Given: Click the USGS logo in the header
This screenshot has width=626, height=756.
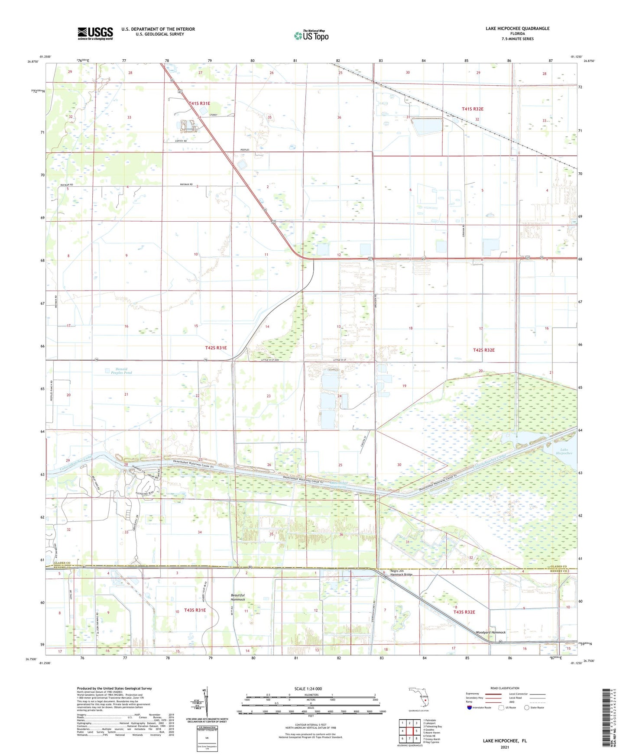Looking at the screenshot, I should [95, 33].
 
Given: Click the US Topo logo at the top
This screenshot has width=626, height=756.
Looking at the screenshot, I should [311, 36].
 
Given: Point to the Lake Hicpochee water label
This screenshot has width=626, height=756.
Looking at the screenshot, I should [564, 452].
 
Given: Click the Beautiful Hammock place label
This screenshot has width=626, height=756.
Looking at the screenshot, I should [238, 598].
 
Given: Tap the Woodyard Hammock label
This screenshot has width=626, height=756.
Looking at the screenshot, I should [491, 633].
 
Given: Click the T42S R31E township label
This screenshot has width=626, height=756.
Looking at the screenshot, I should [216, 348].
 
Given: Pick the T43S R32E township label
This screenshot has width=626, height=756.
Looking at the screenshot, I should [464, 612].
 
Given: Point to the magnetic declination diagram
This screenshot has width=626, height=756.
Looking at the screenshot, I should [206, 704].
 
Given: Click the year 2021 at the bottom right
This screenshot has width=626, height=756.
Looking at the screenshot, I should [505, 747].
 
